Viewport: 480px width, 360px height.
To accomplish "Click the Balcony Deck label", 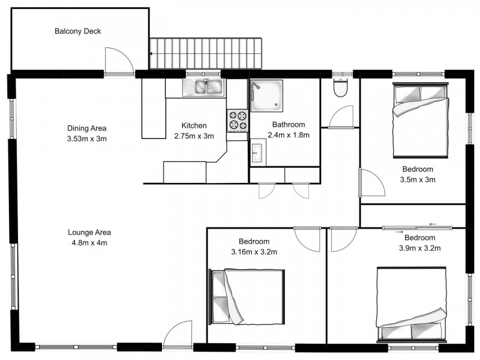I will point(77,31).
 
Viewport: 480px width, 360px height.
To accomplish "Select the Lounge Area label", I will point(89,232).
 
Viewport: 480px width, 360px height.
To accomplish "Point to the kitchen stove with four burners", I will point(237,120).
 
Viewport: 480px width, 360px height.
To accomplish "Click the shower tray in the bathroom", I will point(266,96).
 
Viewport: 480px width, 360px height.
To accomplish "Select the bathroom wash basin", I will point(257,152).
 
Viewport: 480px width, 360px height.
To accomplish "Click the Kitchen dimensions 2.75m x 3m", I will point(194,136).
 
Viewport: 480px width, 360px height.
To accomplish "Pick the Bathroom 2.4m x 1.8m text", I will point(290,135).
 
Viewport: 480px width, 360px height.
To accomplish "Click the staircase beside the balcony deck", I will point(206,53).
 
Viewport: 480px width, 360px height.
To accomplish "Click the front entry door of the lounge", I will point(177,335).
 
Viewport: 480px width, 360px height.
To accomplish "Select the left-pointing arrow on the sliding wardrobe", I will point(433,225).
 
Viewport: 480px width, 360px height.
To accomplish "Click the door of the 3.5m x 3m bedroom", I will point(370,182).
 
